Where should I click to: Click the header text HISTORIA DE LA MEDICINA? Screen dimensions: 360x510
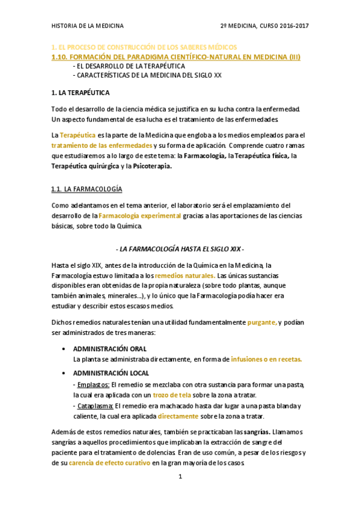[88, 26]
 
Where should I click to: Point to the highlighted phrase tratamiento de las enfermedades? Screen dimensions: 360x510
[102, 146]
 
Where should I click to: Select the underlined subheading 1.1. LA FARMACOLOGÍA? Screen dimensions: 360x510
[87, 189]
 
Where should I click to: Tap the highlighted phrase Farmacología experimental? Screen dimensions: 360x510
[139, 216]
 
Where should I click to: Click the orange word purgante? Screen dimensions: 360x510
[262, 322]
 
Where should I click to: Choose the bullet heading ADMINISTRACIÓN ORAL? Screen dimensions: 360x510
[110, 349]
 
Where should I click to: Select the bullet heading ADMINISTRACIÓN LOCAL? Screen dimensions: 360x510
[111, 373]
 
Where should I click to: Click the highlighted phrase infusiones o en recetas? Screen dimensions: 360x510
[266, 359]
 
